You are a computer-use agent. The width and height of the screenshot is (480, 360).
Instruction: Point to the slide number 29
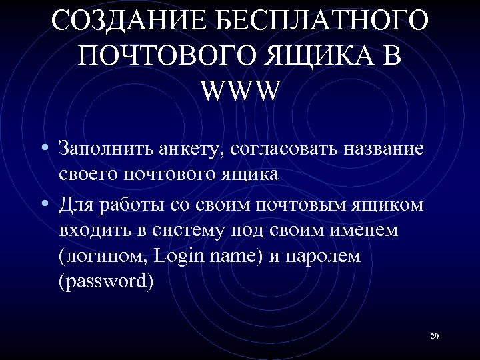(x=434, y=337)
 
